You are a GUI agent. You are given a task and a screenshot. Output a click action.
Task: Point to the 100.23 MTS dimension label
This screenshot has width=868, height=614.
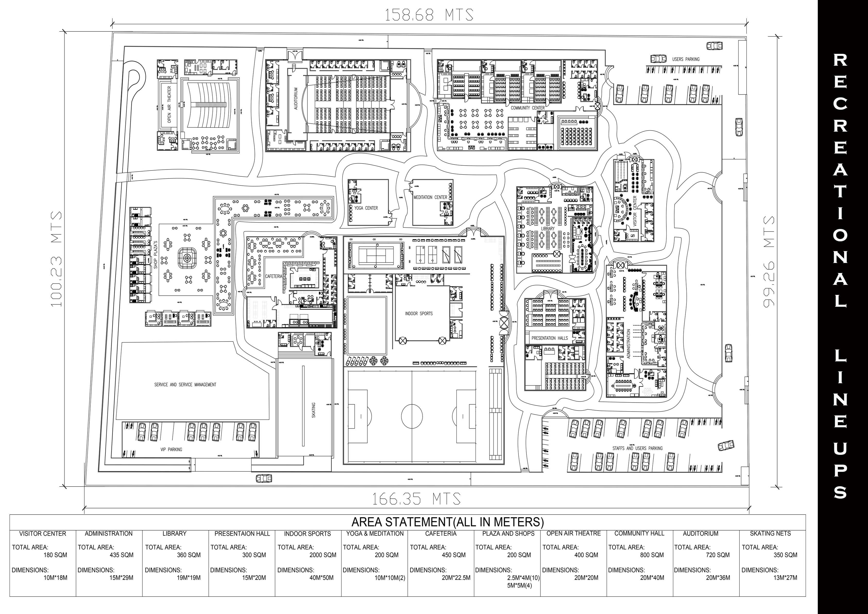click(56, 259)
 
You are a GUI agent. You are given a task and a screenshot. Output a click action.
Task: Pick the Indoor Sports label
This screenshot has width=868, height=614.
click(419, 313)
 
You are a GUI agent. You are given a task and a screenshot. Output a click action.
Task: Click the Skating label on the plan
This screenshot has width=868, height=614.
click(313, 410)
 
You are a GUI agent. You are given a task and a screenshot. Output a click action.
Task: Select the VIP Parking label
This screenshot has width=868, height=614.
click(171, 449)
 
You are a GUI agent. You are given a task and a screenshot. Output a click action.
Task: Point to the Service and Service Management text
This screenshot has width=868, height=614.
click(185, 385)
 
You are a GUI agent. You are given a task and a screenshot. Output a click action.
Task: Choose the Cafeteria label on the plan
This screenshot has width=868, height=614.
click(274, 276)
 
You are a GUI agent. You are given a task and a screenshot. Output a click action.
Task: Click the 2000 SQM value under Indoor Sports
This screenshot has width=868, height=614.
click(322, 555)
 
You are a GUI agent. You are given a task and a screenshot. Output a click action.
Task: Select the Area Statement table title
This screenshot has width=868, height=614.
click(448, 522)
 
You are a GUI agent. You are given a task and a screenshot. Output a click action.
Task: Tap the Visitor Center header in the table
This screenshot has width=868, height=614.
click(43, 533)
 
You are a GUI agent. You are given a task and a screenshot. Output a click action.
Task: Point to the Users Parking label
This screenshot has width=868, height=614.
click(686, 59)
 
